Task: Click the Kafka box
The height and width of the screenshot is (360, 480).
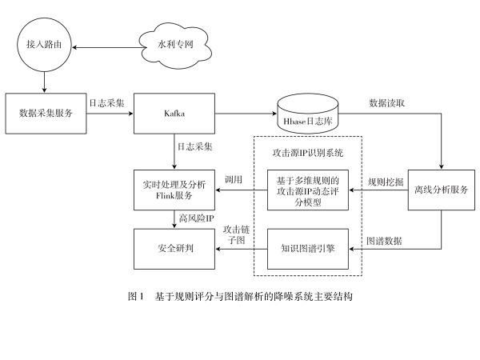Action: tap(174, 113)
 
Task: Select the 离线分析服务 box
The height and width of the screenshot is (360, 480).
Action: tap(441, 190)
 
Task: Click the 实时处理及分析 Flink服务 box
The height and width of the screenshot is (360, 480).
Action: tap(174, 190)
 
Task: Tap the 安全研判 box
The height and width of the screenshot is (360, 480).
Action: tap(174, 248)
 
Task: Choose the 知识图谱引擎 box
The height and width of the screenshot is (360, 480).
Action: tap(307, 248)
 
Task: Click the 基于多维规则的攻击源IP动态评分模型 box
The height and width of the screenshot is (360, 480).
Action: tap(307, 190)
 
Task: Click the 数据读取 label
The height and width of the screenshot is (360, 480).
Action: tap(386, 103)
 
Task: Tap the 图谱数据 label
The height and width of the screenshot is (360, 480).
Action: tap(384, 240)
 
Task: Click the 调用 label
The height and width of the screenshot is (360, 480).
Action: tap(233, 181)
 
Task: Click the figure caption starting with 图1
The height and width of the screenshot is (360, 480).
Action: tap(240, 295)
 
